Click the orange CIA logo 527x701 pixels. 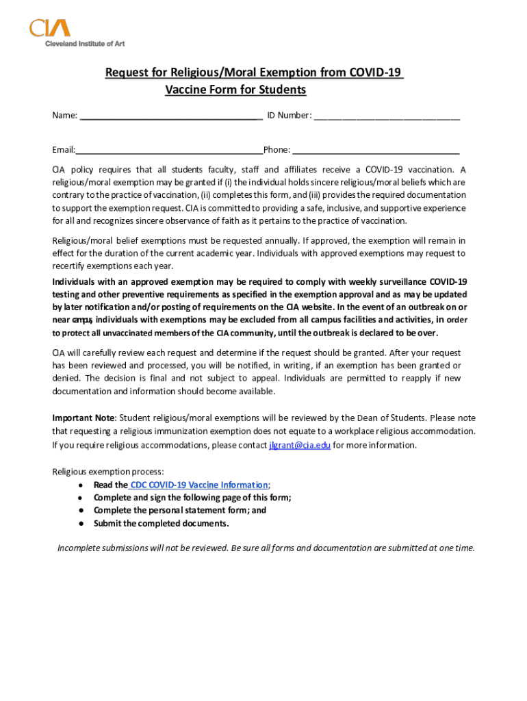click(49, 28)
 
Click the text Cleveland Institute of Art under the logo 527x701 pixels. click(85, 43)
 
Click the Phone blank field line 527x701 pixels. click(376, 153)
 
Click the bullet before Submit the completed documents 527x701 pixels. click(81, 524)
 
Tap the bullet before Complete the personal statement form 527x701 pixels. click(81, 511)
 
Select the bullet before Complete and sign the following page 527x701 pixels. click(81, 498)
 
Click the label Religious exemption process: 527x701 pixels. click(108, 472)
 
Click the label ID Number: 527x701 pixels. click(289, 115)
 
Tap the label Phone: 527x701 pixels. click(277, 150)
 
